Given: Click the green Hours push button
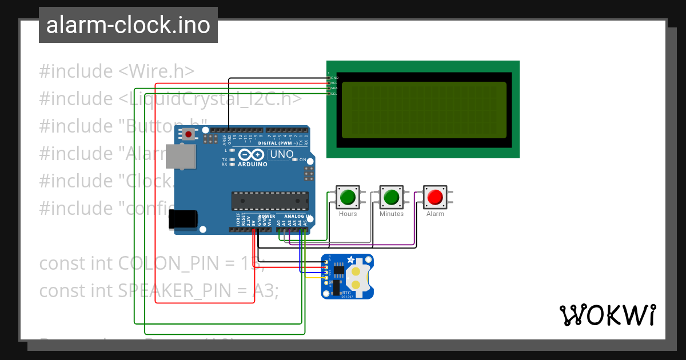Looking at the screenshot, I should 348,197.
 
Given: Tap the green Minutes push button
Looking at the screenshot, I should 392,197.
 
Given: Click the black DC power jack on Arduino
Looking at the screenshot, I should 183,219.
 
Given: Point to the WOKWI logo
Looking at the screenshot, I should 607,315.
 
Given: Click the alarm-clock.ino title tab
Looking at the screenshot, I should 128,26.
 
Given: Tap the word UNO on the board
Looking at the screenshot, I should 281,154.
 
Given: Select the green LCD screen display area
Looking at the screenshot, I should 423,110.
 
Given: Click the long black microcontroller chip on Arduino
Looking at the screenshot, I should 270,201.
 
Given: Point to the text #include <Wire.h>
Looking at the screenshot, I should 117,71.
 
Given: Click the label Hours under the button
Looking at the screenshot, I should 348,214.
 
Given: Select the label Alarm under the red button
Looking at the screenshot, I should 435,214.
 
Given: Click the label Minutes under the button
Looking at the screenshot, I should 392,214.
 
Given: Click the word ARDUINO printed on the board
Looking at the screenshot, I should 252,164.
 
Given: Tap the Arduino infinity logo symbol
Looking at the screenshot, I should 252,155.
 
